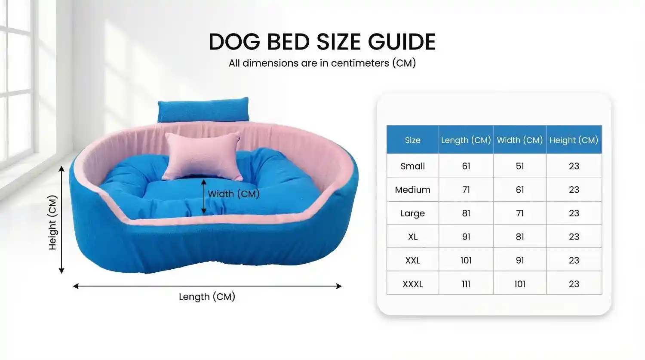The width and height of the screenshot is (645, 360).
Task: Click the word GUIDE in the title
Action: tap(402, 42)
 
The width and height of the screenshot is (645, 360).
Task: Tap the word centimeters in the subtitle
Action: tap(360, 63)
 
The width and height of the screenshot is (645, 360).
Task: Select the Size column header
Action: tap(413, 140)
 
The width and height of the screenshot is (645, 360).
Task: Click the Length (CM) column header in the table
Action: tap(466, 140)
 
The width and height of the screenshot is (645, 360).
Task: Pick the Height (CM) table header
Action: tap(574, 140)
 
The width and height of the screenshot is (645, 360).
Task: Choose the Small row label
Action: tap(413, 166)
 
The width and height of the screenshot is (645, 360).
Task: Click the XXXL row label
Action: tap(413, 284)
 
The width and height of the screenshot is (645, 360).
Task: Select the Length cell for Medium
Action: tap(466, 190)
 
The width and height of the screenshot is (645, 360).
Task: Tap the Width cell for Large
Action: tap(520, 213)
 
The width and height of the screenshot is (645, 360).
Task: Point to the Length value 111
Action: tap(466, 284)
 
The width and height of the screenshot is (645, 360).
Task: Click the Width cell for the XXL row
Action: tap(520, 260)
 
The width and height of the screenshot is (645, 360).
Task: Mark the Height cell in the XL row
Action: tap(574, 237)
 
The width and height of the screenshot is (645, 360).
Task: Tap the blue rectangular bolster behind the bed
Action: tap(203, 110)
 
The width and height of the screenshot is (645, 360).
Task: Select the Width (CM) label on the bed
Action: tap(233, 194)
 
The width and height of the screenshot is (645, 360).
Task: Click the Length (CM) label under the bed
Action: tap(207, 297)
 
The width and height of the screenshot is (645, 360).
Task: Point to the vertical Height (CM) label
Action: tap(53, 222)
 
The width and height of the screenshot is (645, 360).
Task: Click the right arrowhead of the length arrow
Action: tap(339, 286)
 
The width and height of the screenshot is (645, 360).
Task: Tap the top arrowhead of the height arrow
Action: tap(61, 169)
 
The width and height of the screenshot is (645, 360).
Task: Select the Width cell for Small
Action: tap(520, 166)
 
